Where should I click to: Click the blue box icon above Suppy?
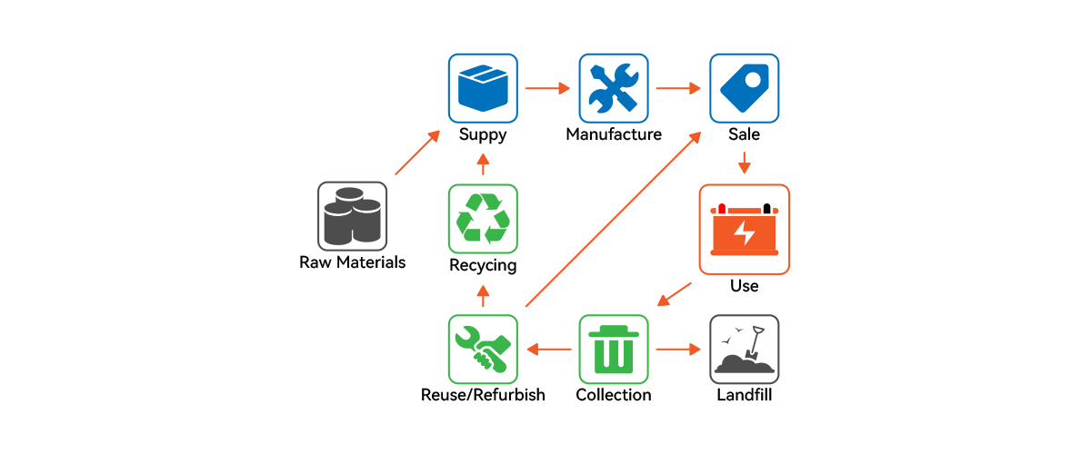coord(483,88)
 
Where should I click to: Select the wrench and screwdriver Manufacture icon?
coord(614,88)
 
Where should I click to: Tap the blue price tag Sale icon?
coord(745,88)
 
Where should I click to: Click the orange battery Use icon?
coord(744,229)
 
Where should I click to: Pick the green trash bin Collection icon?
coord(614,349)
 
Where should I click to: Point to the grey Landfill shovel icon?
coord(745,349)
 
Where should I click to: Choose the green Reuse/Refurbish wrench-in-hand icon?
coord(483,349)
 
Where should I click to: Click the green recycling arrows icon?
coord(483,218)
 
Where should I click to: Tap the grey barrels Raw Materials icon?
coord(352,216)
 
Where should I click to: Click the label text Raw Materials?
coord(352,263)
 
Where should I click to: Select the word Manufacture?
coord(614,135)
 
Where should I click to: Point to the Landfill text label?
coord(745,396)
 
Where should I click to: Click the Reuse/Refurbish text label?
coord(483,396)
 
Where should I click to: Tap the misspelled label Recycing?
coord(483,266)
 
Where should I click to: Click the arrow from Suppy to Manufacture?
coord(548,88)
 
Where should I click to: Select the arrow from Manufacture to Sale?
coord(679,88)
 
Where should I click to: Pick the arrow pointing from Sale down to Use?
coord(745,163)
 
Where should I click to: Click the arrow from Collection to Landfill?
coord(679,349)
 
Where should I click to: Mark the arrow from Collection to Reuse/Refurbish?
coord(548,349)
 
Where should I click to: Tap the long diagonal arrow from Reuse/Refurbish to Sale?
coord(614,218)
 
